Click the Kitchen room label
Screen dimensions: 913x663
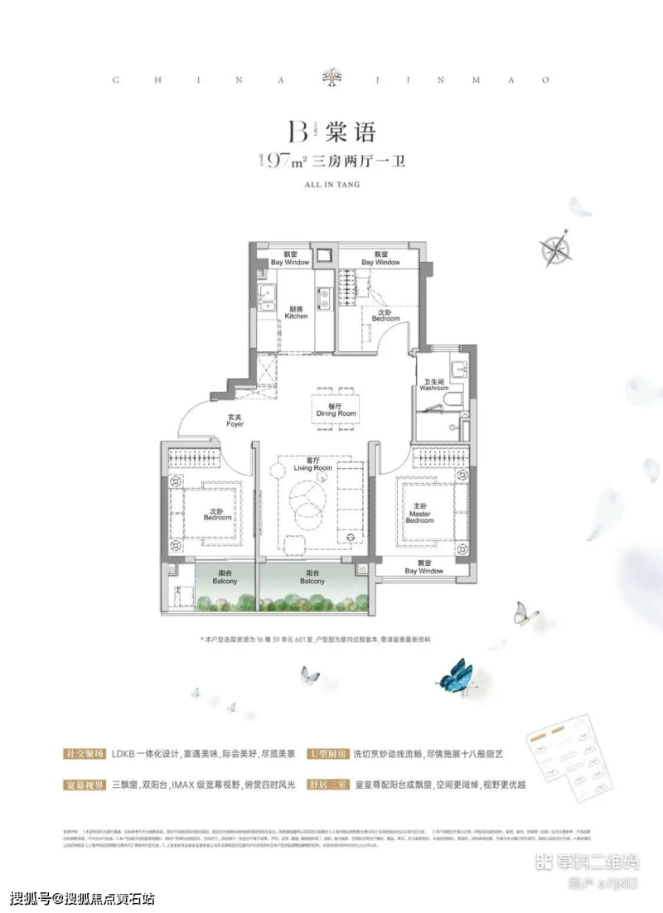click(x=296, y=313)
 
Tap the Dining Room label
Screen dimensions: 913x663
click(x=336, y=409)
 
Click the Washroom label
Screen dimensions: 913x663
click(x=433, y=384)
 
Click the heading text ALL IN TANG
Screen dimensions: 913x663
click(x=331, y=187)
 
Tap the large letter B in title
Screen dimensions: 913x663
click(x=297, y=132)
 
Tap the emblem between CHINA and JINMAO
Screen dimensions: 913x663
click(x=331, y=80)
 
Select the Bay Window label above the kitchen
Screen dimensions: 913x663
click(x=289, y=258)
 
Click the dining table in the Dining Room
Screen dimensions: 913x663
click(x=336, y=409)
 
